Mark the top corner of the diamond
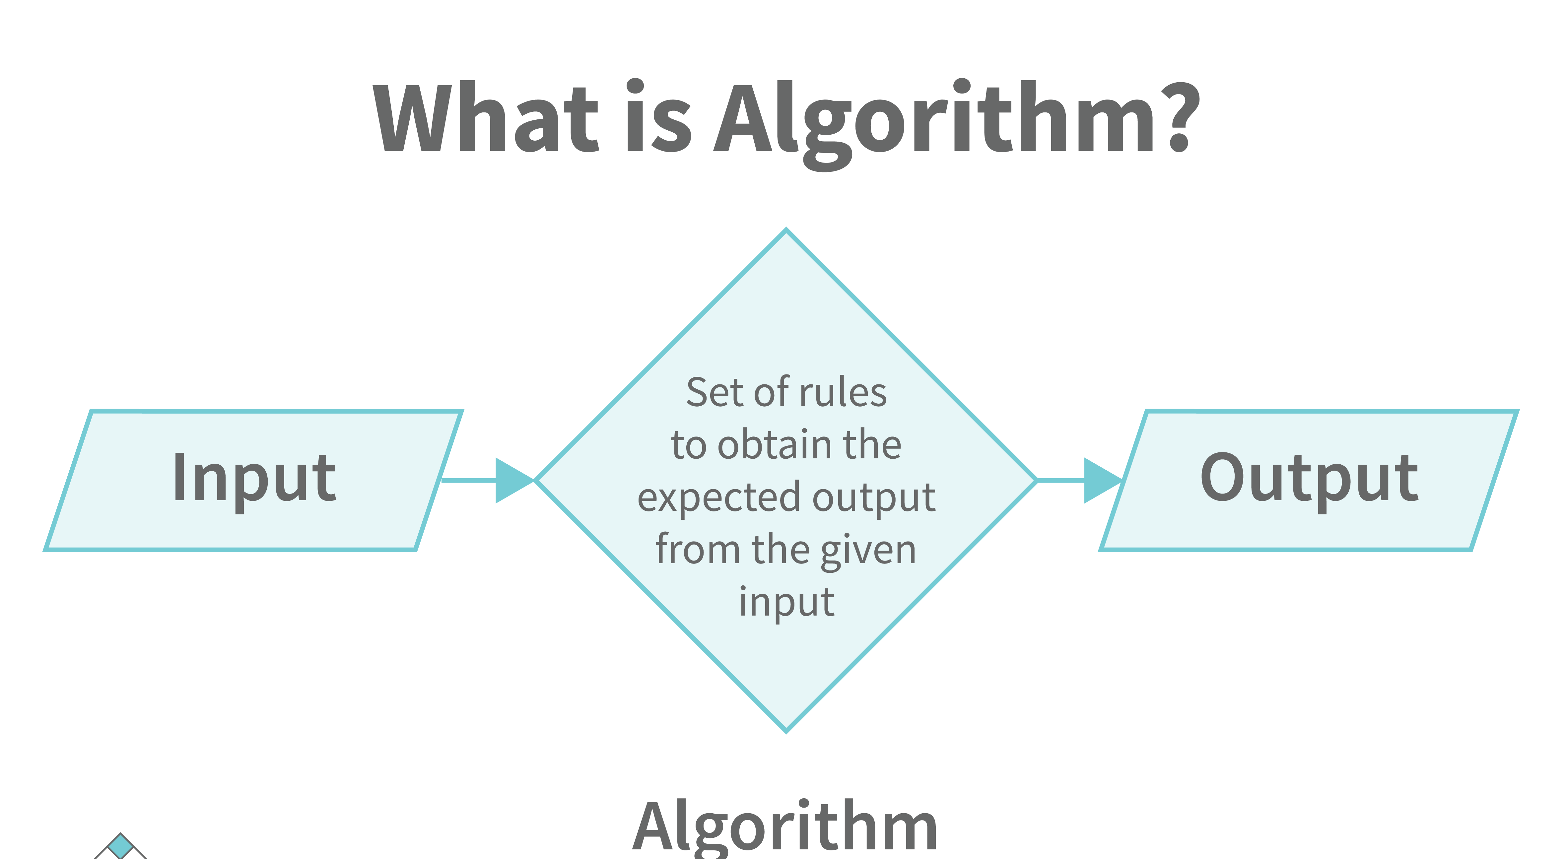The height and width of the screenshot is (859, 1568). click(x=786, y=230)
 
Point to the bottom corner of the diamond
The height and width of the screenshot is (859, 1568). click(x=786, y=732)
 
